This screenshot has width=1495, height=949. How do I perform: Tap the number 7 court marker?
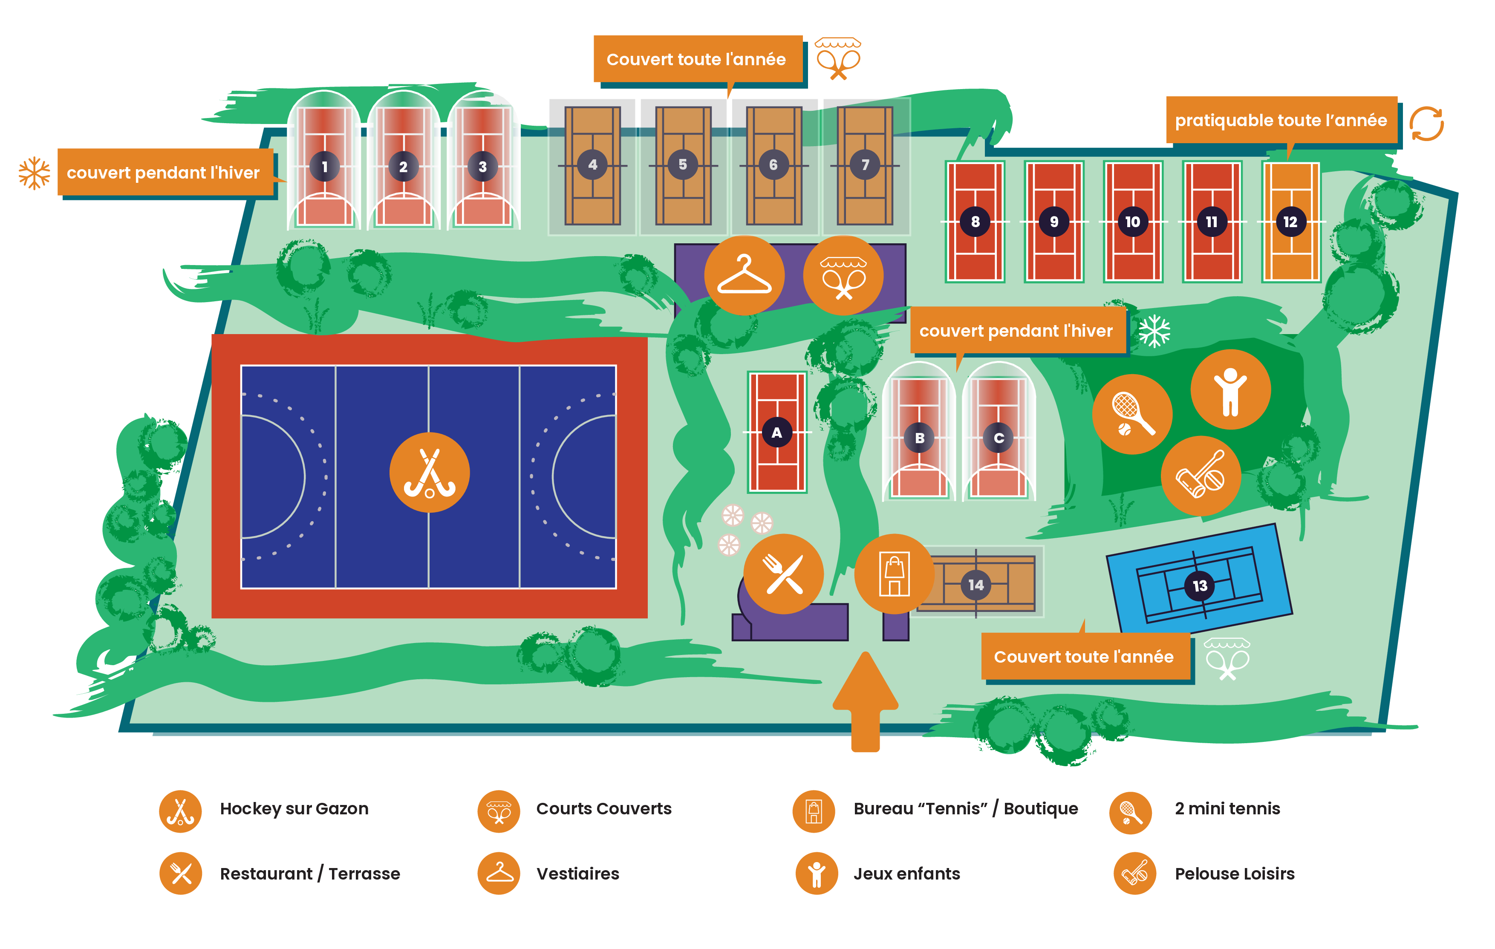tap(865, 165)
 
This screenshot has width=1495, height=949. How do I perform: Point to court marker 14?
tap(976, 585)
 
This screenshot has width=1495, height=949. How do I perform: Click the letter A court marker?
tap(776, 433)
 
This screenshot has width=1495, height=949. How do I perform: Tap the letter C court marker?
tap(999, 438)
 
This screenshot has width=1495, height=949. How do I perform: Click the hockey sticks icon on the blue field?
tap(429, 472)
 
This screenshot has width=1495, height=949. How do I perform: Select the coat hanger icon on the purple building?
tap(744, 275)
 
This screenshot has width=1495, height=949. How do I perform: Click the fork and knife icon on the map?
tap(783, 574)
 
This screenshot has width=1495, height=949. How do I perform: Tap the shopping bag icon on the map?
tap(894, 574)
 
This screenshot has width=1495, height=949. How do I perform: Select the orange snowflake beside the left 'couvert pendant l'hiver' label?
tap(34, 173)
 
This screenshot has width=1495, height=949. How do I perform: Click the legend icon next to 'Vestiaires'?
tap(499, 873)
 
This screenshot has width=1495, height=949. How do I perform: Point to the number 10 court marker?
tap(1132, 222)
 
